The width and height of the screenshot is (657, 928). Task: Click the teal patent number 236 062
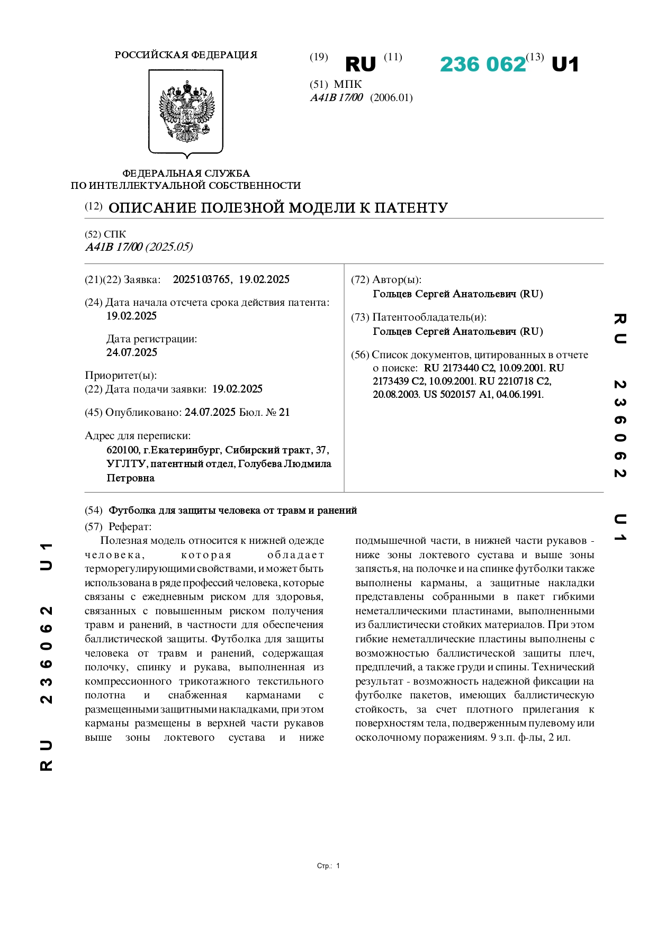482,65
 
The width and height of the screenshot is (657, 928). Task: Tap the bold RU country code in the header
360,65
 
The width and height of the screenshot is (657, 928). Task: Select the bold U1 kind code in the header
565,65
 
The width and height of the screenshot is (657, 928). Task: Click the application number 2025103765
201,280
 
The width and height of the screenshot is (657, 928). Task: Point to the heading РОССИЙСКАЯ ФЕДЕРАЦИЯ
186,55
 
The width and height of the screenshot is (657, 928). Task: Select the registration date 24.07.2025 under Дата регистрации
132,352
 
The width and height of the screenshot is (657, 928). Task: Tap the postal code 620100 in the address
123,450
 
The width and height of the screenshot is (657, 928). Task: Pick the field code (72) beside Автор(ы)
360,280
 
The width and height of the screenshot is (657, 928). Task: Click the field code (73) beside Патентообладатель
360,317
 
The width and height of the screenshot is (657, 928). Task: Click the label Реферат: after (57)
130,527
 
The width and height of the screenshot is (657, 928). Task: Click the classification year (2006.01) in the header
391,98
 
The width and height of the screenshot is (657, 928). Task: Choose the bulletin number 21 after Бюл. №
284,413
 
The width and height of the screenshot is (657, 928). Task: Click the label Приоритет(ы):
121,376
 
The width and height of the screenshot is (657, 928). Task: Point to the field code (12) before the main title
94,206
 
